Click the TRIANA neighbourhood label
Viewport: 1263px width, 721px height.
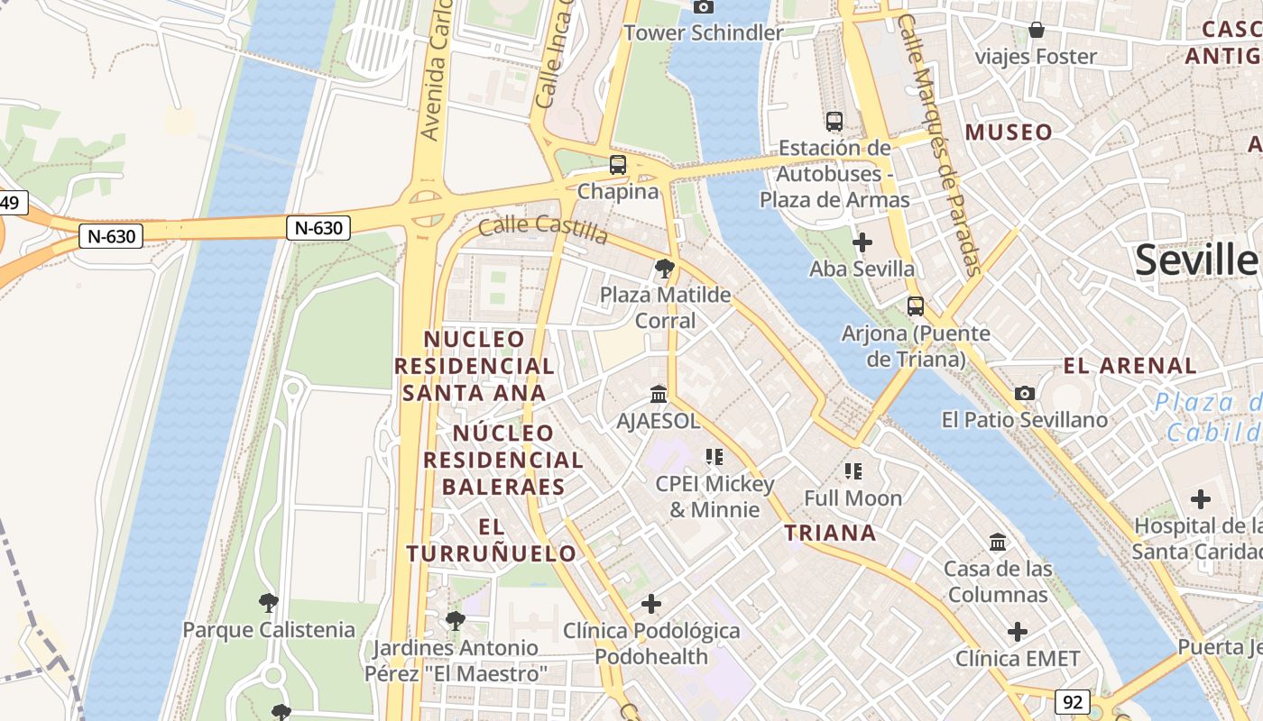click(830, 533)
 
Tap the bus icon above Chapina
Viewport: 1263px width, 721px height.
click(618, 165)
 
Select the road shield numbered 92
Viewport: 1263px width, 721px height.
click(1071, 702)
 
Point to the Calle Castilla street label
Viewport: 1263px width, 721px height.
click(543, 229)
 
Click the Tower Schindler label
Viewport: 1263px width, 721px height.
click(704, 33)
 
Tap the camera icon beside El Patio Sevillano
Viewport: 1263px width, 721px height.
click(1025, 393)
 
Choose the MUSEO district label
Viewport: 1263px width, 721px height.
click(1009, 132)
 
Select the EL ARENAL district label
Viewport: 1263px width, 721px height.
click(1129, 366)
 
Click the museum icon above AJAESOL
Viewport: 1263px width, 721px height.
click(659, 395)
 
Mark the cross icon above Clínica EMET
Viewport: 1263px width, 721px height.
click(1018, 632)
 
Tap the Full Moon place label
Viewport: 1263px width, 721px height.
click(853, 498)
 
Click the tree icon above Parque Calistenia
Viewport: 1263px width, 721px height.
click(268, 602)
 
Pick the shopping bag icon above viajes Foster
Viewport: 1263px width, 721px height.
click(1037, 30)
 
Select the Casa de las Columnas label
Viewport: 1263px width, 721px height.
click(998, 581)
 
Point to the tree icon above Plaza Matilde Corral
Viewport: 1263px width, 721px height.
click(665, 268)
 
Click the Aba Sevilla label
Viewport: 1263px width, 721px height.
click(862, 269)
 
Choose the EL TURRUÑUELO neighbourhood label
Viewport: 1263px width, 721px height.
click(491, 540)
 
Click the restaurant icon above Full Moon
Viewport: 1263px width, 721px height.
click(853, 470)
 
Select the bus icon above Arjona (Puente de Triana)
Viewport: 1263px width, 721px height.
click(916, 306)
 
